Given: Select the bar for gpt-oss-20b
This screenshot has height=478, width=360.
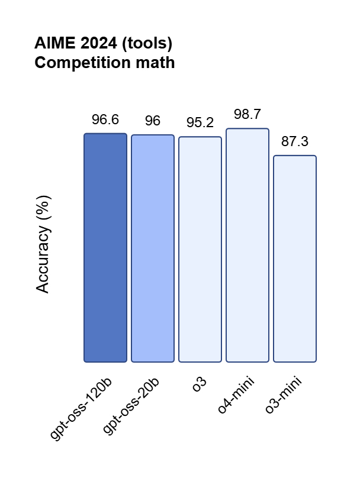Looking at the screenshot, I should pos(153,248).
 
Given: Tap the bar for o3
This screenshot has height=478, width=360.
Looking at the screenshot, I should pos(200,249).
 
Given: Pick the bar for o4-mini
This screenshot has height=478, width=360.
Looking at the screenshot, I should pos(247,245).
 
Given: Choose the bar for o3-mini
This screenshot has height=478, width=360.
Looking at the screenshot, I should pos(295,259).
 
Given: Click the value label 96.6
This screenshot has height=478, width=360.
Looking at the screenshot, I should pos(105,120).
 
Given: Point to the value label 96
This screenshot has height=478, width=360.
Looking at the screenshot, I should pos(153,121).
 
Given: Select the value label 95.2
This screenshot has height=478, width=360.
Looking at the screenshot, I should pos(200,123).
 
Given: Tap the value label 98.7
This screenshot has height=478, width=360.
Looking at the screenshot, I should pos(247,115).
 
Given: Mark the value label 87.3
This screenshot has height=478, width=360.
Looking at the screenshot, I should pos(295,142).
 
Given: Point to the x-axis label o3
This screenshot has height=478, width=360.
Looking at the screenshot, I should pos(200,384).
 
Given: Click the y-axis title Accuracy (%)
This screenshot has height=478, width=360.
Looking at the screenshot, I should pos(43,244).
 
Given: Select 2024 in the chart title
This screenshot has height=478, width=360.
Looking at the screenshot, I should pos(95,44).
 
